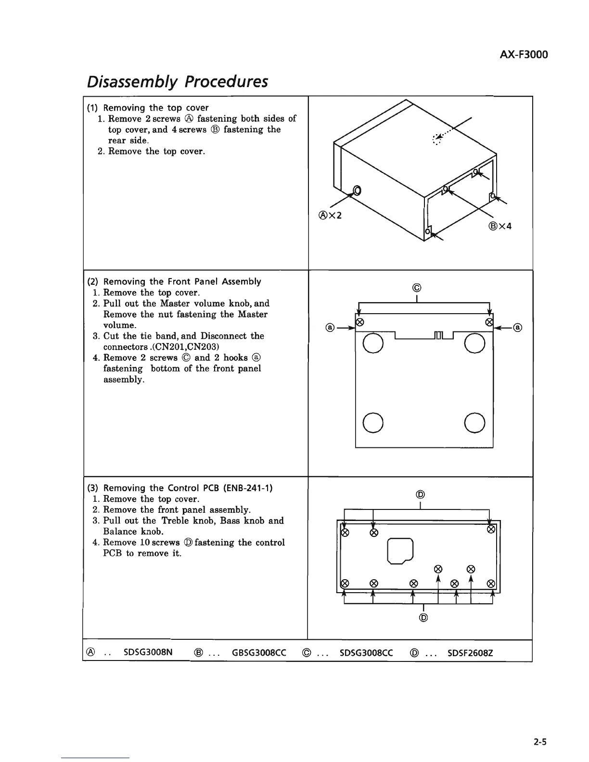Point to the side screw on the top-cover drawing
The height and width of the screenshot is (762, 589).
click(x=357, y=190)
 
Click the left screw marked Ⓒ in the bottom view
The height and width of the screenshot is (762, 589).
click(x=359, y=322)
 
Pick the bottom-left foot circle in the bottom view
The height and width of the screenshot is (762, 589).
click(x=373, y=423)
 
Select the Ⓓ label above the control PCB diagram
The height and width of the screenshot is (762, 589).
click(x=420, y=494)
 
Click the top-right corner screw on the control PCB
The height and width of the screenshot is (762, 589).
click(x=491, y=530)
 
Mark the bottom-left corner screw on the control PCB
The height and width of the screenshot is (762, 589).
click(x=344, y=584)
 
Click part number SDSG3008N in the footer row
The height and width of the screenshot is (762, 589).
click(x=148, y=653)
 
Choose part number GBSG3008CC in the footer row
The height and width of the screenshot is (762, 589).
click(x=259, y=653)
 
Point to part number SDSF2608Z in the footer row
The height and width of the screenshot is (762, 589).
click(x=470, y=653)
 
